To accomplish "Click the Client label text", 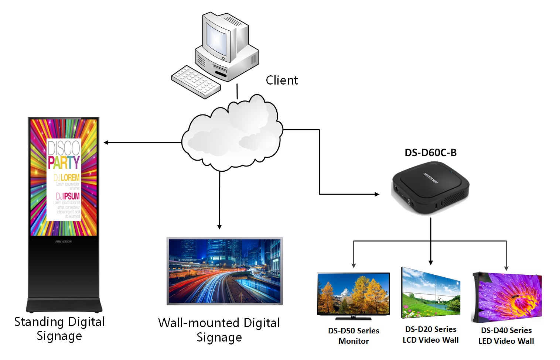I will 281,80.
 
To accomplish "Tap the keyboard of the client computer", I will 196,82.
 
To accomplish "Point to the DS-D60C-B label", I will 430,152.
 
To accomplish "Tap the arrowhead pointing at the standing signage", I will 106,143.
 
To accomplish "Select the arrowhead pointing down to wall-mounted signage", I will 219,227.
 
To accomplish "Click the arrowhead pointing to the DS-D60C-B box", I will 377,194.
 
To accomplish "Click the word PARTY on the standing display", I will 64,162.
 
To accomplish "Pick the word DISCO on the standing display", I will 64,148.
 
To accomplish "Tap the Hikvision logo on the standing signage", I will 64,241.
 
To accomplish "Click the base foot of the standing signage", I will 64,306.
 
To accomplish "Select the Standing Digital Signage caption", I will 59,329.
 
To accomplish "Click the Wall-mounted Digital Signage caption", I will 219,330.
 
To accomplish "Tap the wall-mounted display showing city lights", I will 225,271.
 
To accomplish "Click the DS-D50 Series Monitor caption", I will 354,336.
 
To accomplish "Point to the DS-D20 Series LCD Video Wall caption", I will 431,335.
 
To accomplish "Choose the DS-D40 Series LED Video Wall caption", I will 506,336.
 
